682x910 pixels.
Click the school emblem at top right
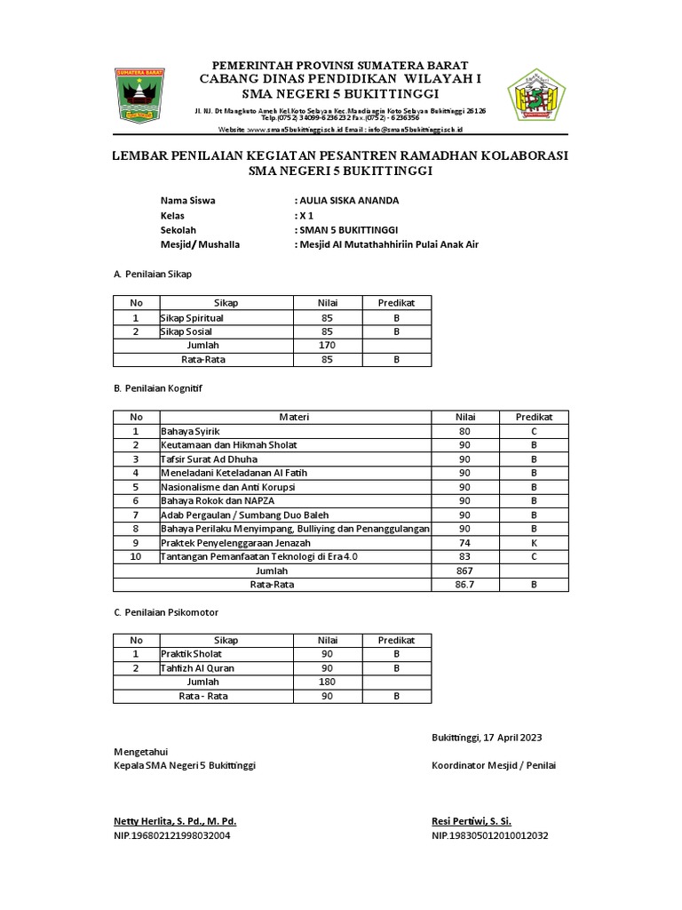point(535,93)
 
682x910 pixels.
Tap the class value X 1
point(305,215)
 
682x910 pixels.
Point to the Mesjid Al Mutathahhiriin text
point(390,244)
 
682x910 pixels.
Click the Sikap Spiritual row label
point(192,317)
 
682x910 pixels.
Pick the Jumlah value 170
point(328,345)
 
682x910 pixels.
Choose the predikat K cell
point(535,542)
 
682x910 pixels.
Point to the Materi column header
point(295,417)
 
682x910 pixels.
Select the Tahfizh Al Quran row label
point(199,667)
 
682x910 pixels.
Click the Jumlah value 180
point(328,682)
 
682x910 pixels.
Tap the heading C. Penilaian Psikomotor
point(166,613)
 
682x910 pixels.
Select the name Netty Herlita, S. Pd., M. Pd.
point(175,821)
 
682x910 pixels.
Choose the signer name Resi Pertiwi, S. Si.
point(471,821)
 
